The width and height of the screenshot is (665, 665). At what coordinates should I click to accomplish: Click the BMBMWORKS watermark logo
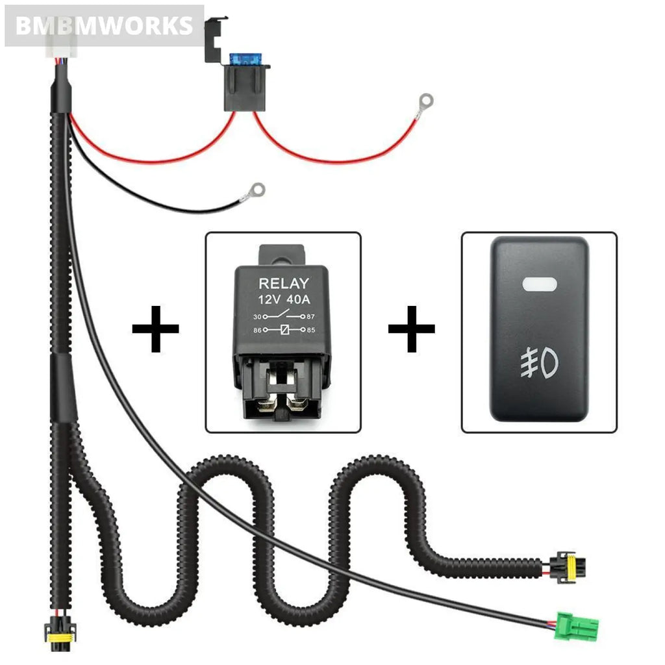104,26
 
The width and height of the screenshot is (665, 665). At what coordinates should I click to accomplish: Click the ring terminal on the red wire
426,101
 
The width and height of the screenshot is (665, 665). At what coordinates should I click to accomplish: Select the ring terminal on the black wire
257,190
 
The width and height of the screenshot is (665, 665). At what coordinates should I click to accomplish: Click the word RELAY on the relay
284,283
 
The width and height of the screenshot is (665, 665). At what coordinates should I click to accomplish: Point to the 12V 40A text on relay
284,300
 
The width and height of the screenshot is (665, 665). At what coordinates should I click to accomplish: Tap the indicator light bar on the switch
539,284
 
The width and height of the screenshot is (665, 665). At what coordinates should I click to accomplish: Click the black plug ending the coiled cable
560,565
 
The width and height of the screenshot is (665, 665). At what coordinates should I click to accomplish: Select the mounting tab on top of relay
282,254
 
